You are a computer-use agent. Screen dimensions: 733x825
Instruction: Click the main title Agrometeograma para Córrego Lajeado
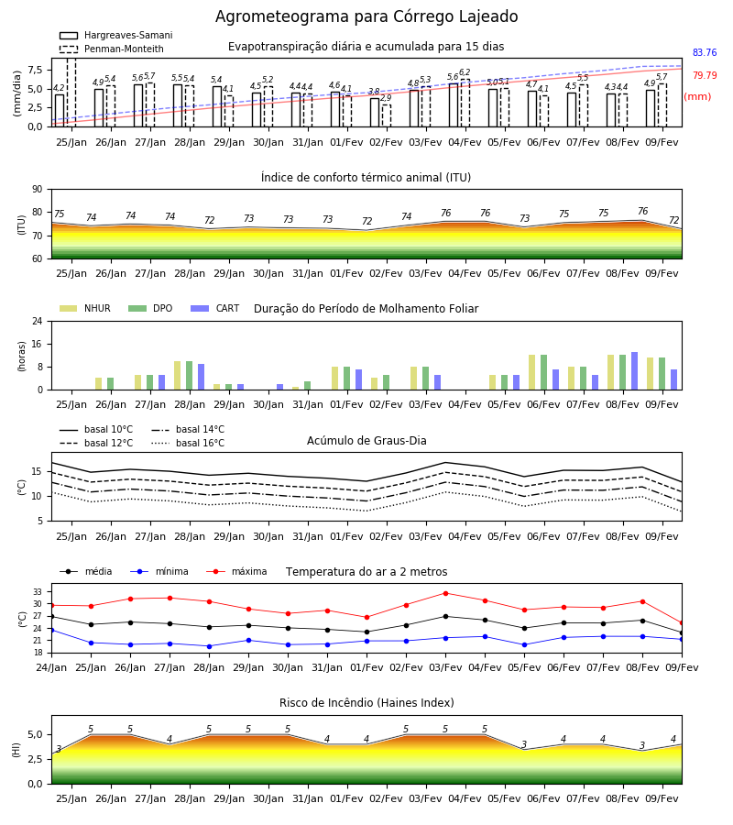coord(366,16)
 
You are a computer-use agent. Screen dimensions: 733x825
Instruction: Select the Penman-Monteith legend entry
coord(112,49)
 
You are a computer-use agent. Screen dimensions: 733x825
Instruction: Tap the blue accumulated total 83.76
coord(705,52)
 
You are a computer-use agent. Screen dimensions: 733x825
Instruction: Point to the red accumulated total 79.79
coord(705,75)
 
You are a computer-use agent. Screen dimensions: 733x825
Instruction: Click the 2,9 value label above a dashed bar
coord(386,98)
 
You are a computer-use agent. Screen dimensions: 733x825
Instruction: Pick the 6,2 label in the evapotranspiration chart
coord(465,72)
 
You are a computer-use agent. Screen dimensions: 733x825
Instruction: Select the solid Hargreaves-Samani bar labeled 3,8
coord(375,112)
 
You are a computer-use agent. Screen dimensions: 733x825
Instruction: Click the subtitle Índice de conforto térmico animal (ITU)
coord(366,177)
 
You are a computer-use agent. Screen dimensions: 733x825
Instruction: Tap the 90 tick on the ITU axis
coord(38,190)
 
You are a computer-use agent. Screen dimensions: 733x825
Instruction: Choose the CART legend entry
coord(215,308)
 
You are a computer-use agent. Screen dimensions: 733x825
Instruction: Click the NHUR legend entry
coord(85,308)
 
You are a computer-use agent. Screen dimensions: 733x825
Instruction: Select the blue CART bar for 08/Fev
coord(634,371)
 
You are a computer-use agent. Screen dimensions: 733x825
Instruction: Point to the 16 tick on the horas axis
coord(38,344)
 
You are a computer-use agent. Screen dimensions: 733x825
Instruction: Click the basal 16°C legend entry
coord(188,443)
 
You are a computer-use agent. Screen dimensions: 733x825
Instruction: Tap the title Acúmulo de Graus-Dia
coord(366,441)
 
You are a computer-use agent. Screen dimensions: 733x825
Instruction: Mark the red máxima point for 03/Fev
coord(446,593)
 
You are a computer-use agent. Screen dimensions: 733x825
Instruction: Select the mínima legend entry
coord(159,571)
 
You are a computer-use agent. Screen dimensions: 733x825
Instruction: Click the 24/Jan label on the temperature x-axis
coord(51,667)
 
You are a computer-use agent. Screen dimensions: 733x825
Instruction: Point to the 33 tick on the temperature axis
coord(38,592)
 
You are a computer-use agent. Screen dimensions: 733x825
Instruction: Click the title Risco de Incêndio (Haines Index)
coord(366,703)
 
